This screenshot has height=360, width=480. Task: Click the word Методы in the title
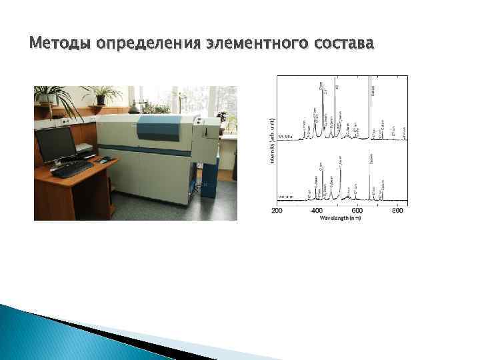(61, 44)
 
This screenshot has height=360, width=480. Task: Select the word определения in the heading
(148, 44)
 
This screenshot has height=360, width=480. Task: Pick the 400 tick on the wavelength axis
(317, 211)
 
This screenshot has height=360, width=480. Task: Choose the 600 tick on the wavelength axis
(357, 211)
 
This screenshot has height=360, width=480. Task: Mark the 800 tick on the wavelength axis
(397, 211)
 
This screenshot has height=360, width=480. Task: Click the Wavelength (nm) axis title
(341, 218)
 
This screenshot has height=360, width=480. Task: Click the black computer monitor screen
(56, 143)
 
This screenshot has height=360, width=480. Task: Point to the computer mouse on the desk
(105, 160)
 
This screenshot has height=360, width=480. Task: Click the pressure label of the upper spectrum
(285, 137)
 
